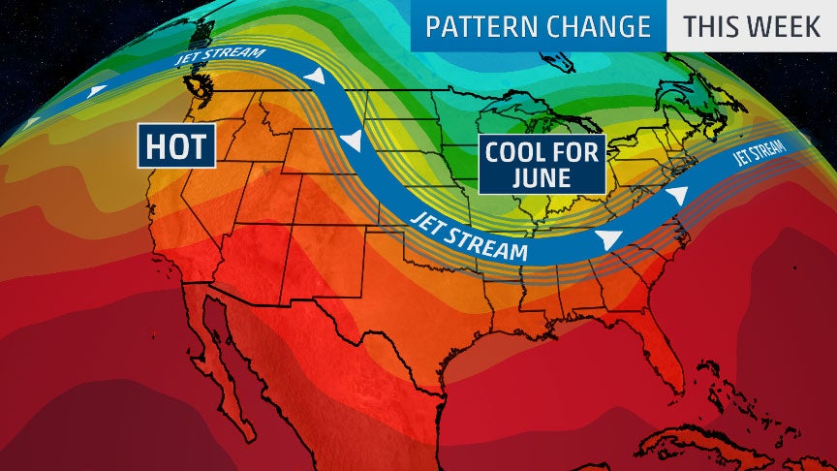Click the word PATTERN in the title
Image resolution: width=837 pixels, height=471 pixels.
click(480, 26)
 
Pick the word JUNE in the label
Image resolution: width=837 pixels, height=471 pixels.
click(543, 178)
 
